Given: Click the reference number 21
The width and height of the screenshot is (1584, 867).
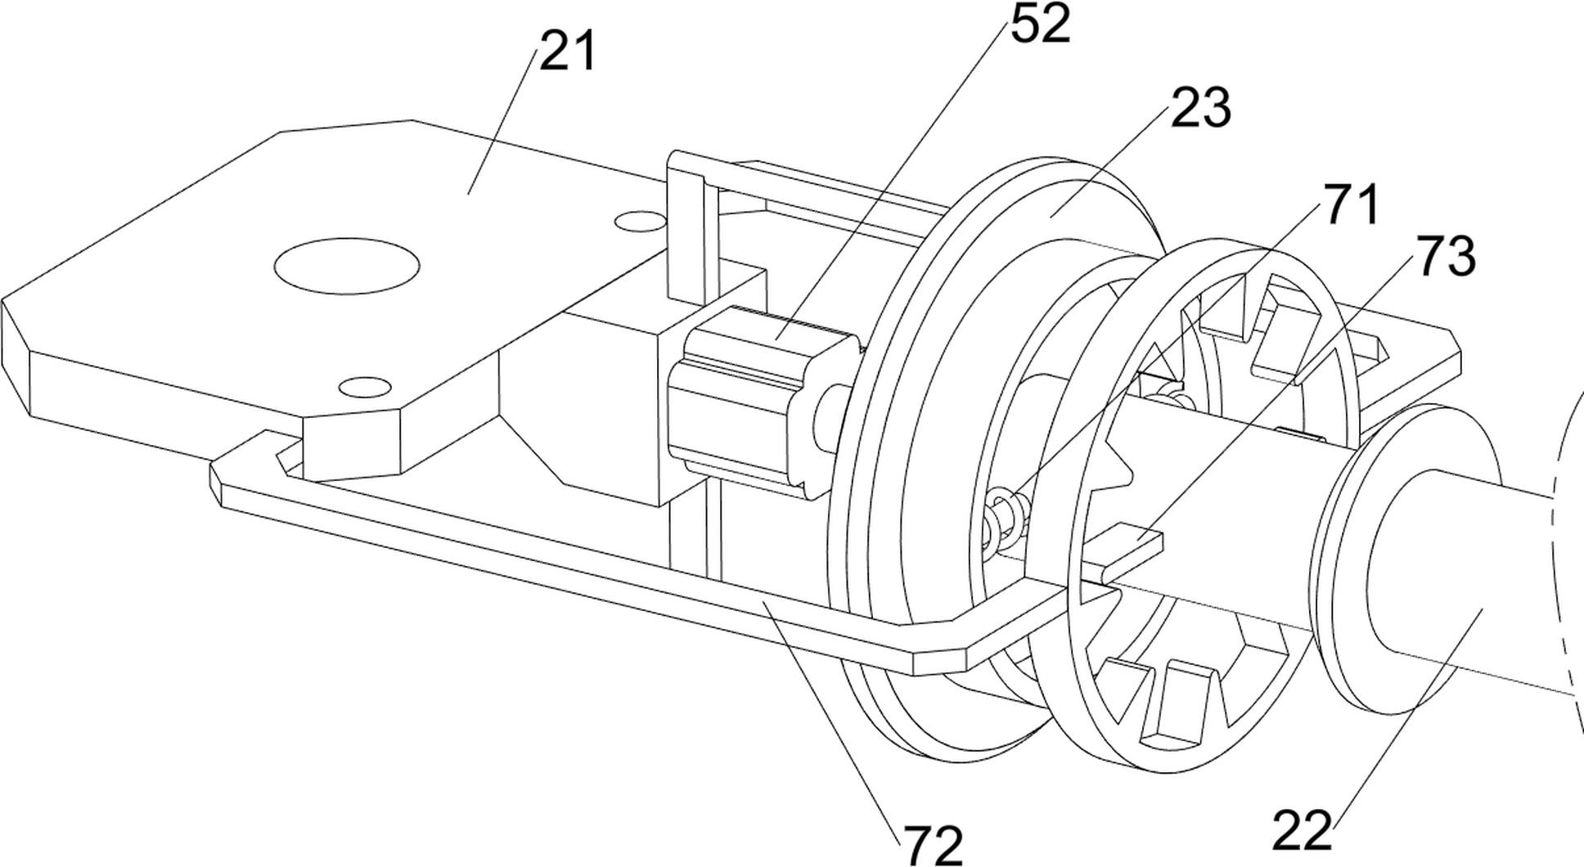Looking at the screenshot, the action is pos(568,53).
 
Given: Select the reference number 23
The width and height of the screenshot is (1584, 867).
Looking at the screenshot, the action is pos(1201,107).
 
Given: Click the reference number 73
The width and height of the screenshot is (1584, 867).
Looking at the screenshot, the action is pos(1446,256).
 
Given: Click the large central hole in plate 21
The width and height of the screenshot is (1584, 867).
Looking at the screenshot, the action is pos(347,267).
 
